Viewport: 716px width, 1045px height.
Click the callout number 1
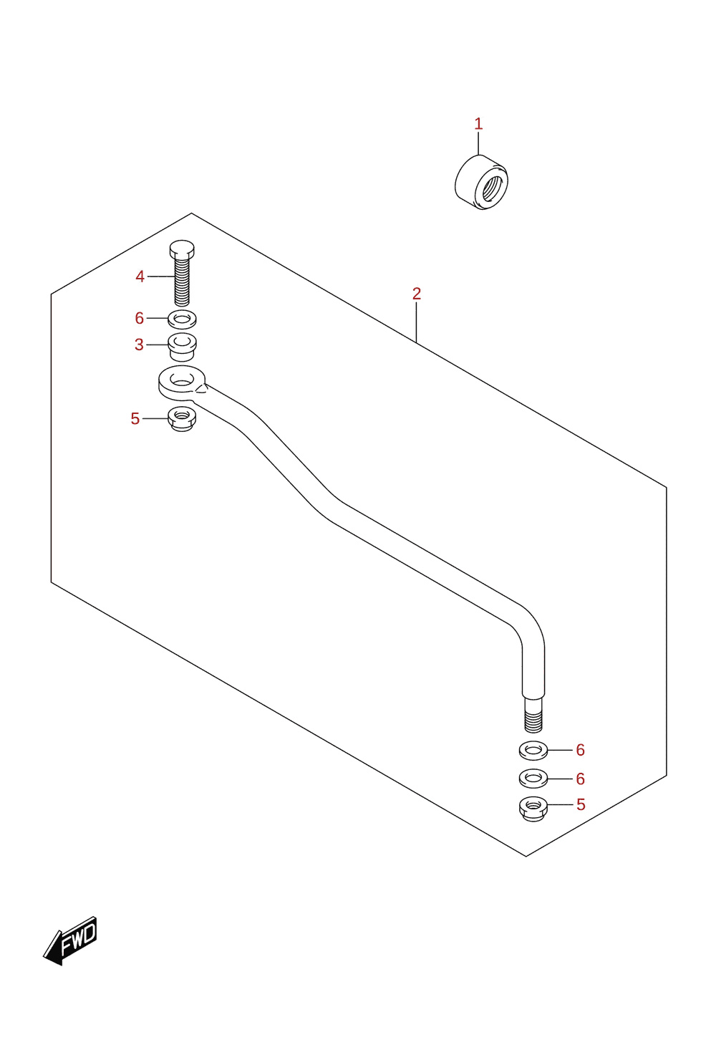(478, 124)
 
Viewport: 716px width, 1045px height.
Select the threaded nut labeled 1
(481, 182)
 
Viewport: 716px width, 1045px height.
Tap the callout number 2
(417, 294)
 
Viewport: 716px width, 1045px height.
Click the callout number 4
(140, 276)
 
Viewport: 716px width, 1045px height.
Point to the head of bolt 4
(182, 249)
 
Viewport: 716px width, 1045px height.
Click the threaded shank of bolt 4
(182, 282)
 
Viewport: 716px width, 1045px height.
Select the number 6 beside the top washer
(140, 318)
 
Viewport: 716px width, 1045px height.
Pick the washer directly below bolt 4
(182, 319)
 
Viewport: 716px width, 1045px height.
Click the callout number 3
(139, 345)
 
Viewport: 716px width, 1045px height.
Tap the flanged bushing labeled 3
(182, 347)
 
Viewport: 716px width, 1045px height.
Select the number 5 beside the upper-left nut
(135, 419)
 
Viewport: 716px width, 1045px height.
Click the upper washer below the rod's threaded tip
(533, 751)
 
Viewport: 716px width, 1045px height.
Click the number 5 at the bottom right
(581, 805)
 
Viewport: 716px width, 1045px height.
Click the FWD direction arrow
(70, 940)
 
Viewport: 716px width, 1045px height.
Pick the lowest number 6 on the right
(580, 779)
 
